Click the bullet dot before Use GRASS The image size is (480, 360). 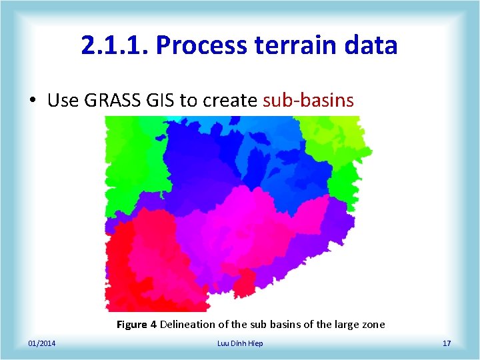tap(32, 101)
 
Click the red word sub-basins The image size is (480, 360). tap(308, 101)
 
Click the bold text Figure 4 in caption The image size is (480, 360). tap(137, 325)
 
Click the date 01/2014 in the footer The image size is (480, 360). tap(42, 343)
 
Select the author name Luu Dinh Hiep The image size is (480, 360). tap(240, 343)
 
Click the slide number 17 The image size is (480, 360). tap(447, 343)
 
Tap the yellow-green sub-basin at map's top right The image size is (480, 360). tap(337, 137)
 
